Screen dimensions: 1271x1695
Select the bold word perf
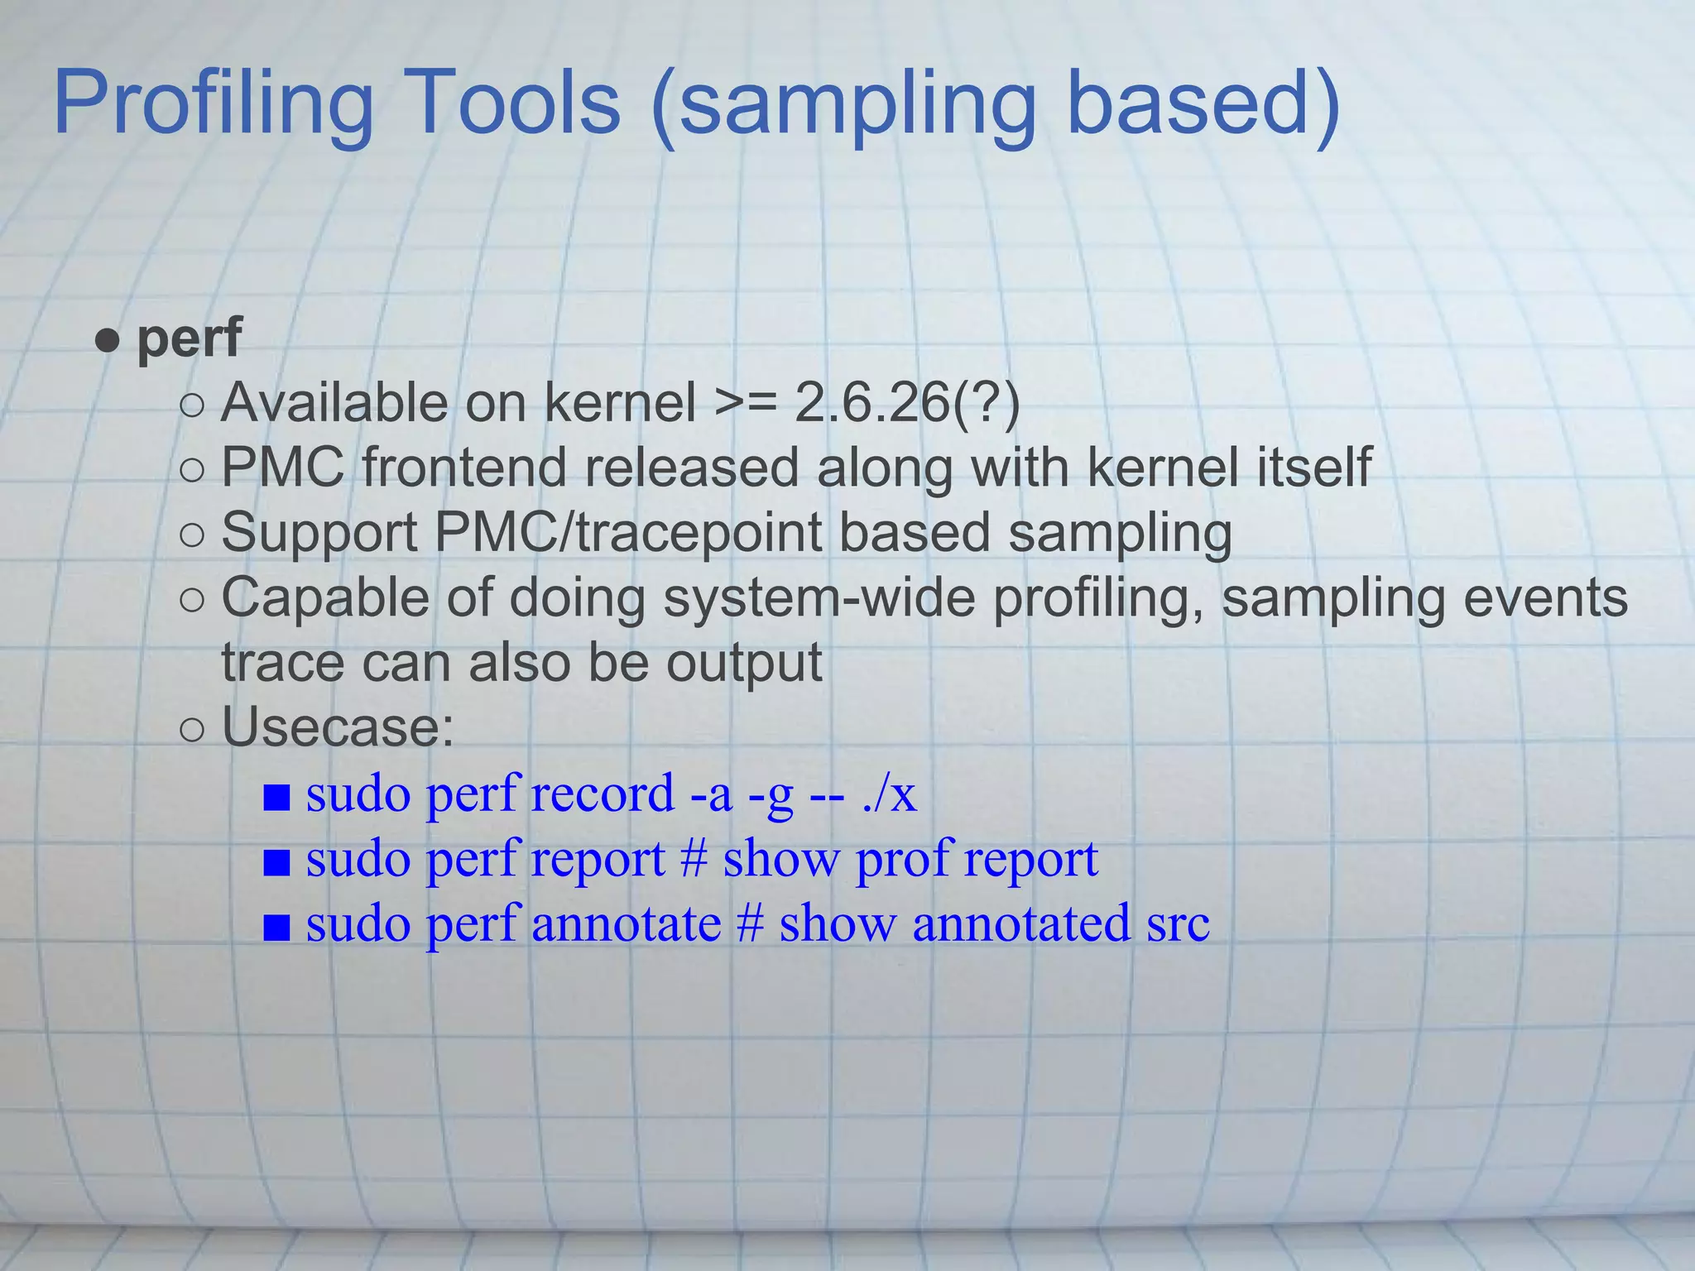(x=189, y=338)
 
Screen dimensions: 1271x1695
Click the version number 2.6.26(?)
(x=907, y=403)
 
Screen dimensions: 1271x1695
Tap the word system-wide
(x=819, y=597)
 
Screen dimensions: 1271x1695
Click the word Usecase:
(x=338, y=728)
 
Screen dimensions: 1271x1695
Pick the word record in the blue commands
(x=603, y=794)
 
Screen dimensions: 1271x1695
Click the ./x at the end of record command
(x=889, y=794)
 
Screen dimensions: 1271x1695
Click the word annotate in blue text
(x=626, y=924)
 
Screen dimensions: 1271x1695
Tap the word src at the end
(x=1178, y=924)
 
